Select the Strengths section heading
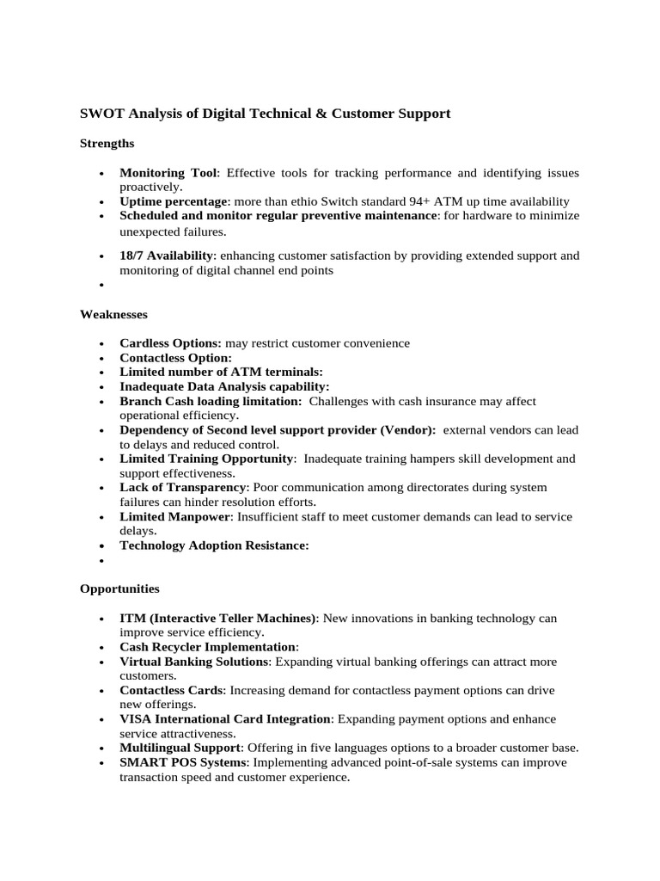[107, 143]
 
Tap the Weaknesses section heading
[113, 315]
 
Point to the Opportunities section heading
[119, 589]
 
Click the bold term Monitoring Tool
[168, 173]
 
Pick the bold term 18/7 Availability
[167, 256]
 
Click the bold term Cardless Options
[170, 343]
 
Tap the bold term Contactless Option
[175, 358]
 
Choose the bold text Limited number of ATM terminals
[221, 373]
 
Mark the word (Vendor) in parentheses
[408, 430]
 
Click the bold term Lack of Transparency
[181, 488]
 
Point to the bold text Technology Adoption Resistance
[214, 545]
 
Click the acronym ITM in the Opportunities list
[132, 619]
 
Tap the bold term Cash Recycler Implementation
[208, 647]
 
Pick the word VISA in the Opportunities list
[136, 719]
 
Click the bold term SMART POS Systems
[182, 762]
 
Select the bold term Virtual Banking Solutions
[194, 662]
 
